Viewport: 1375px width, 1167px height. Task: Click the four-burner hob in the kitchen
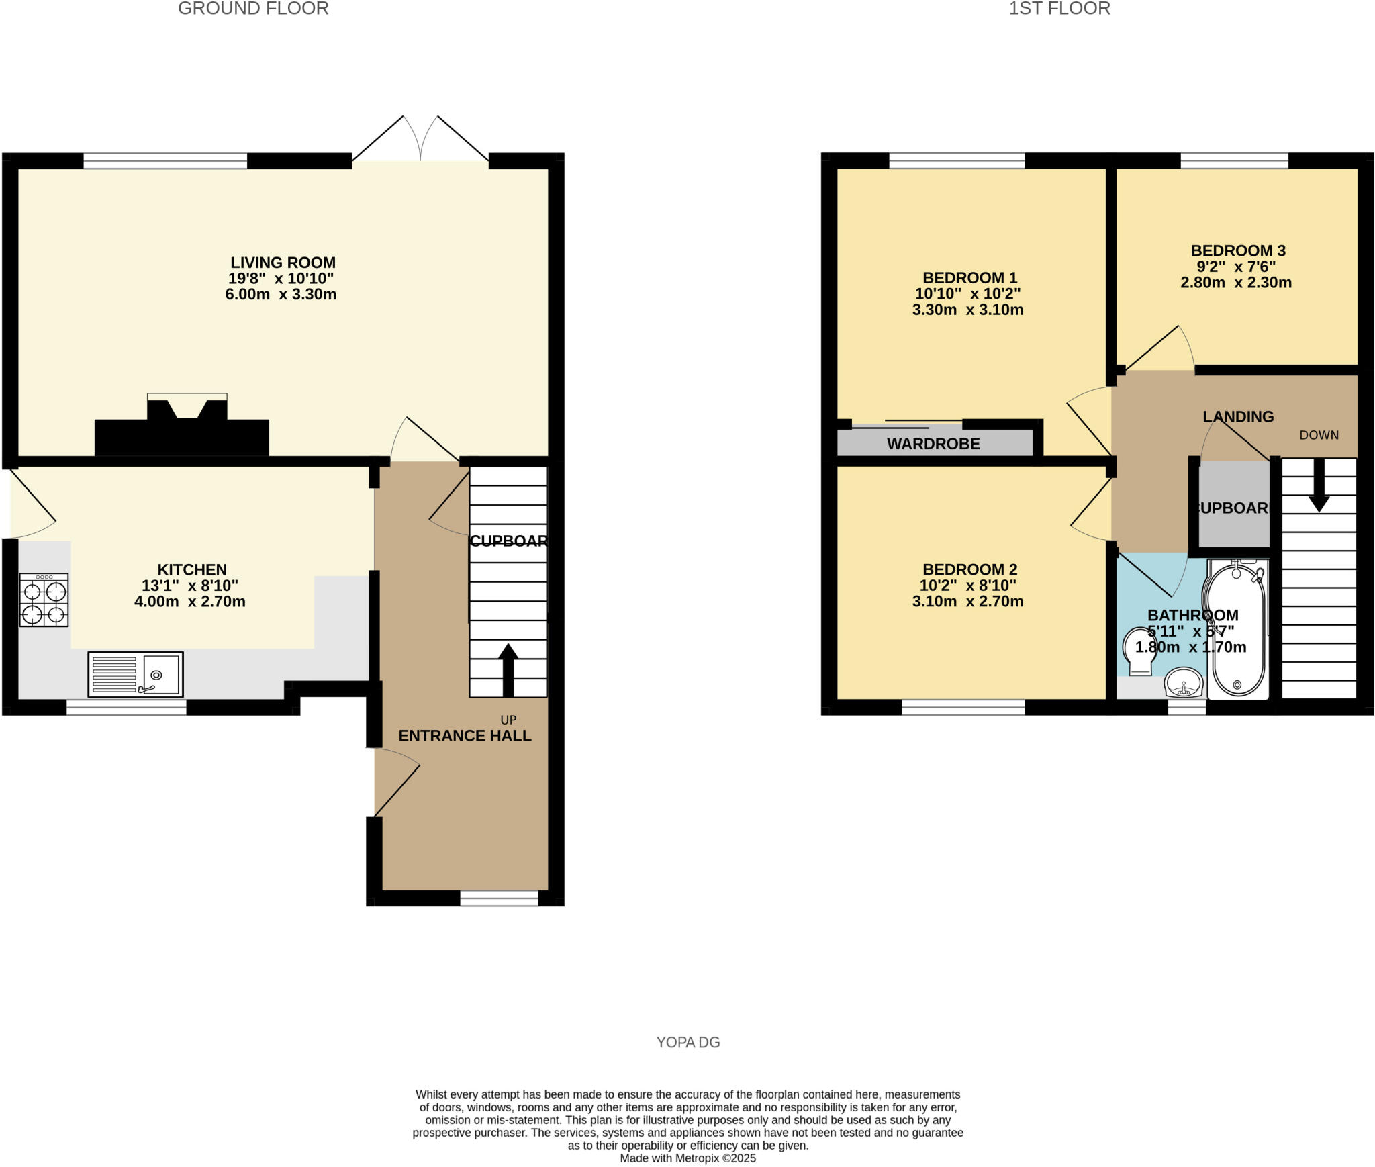click(x=44, y=600)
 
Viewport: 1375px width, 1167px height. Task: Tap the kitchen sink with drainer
click(x=136, y=673)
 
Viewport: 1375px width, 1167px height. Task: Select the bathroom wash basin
click(x=1184, y=683)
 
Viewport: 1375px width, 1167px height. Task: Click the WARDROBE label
click(x=933, y=444)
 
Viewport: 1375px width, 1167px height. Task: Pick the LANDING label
click(x=1238, y=417)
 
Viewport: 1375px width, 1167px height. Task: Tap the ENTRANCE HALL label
click(x=465, y=736)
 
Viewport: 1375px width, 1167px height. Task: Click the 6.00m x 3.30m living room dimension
click(x=281, y=294)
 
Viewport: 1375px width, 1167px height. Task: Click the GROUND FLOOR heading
click(x=253, y=9)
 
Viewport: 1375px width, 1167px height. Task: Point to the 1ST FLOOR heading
click(x=1059, y=9)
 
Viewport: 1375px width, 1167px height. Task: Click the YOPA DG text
click(x=687, y=1042)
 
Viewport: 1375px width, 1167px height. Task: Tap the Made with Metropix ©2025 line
click(x=687, y=1158)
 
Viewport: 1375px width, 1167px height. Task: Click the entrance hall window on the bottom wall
click(x=499, y=898)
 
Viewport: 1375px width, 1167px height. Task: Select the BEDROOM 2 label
click(x=969, y=569)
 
